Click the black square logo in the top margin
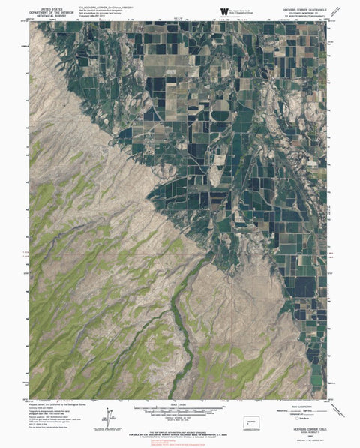tap(223, 11)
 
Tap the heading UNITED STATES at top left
tap(46, 5)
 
